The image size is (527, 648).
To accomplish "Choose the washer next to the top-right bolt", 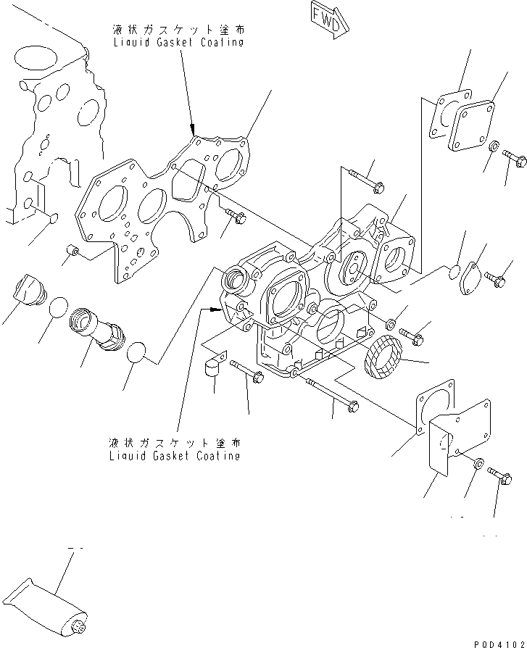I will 492,148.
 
